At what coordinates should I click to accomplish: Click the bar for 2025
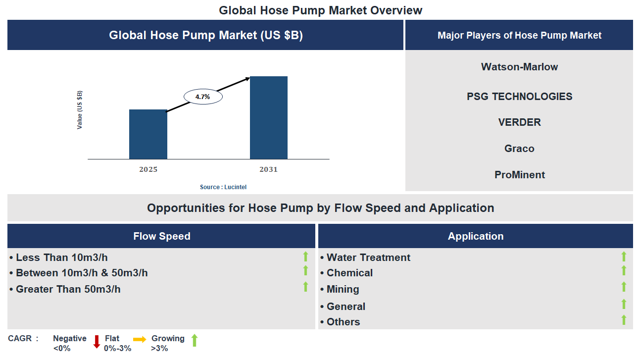[148, 134]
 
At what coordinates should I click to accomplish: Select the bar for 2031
[269, 118]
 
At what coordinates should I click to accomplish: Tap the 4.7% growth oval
[203, 97]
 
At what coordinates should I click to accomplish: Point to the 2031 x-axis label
[269, 169]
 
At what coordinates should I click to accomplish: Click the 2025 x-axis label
[148, 169]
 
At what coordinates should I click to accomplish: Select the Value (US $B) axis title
[80, 110]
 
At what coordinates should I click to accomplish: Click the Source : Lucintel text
[223, 187]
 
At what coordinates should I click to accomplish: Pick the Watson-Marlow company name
[519, 67]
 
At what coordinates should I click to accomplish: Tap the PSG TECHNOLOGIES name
[519, 97]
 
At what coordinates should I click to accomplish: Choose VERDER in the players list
[519, 122]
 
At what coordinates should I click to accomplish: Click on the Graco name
[519, 149]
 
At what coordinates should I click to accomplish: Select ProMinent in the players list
[519, 175]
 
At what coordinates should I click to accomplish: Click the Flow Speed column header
[161, 236]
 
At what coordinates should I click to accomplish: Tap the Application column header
[475, 236]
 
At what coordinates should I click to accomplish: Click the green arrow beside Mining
[624, 287]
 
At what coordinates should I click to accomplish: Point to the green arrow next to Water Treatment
[624, 257]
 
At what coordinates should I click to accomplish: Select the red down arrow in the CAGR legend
[97, 342]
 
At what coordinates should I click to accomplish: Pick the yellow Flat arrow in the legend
[140, 339]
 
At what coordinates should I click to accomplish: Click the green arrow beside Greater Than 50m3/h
[305, 287]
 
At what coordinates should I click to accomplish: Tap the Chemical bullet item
[349, 273]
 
